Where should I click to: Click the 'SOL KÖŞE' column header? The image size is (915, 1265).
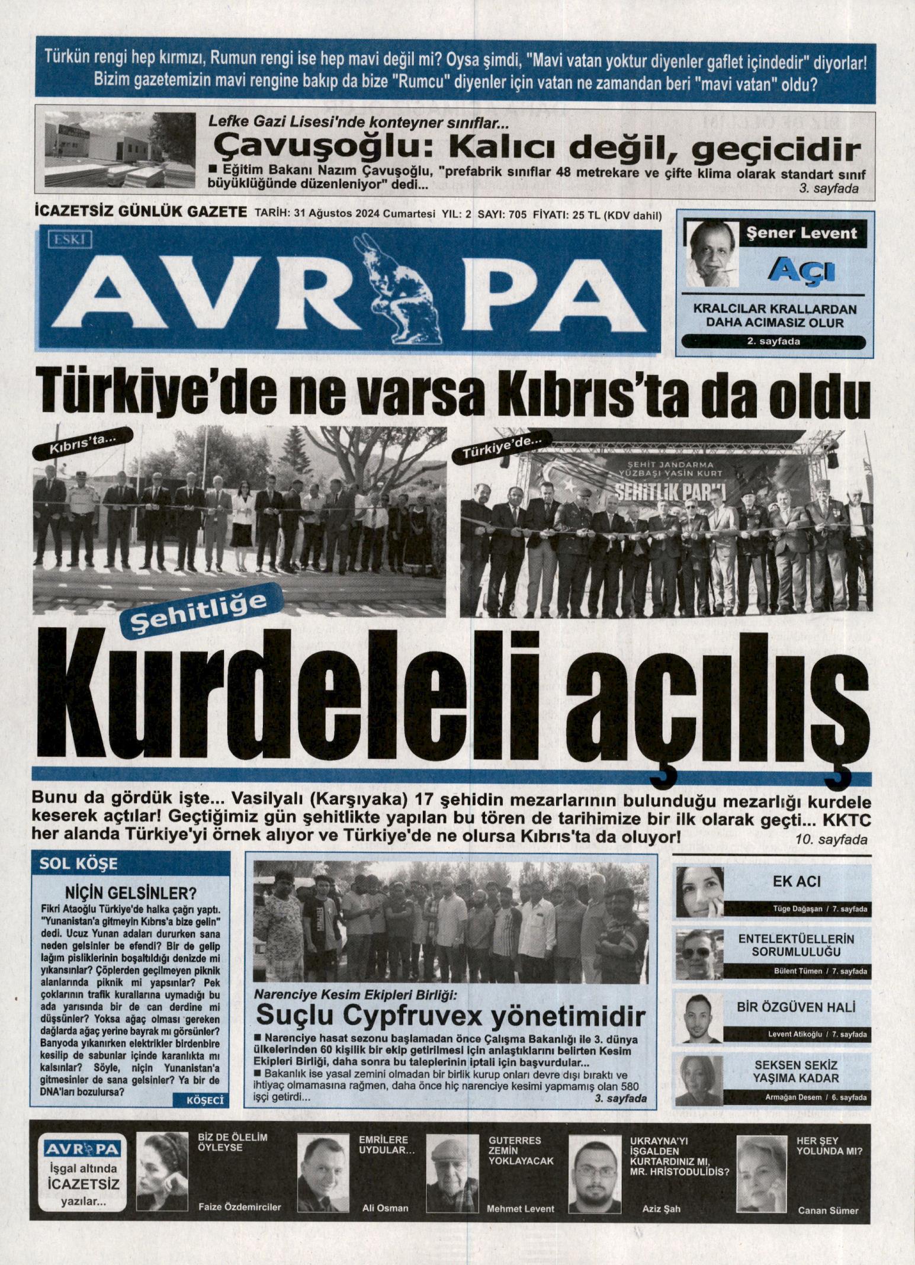pos(79,863)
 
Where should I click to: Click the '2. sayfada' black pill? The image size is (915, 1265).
pos(773,342)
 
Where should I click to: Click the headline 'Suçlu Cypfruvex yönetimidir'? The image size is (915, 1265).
pos(450,1016)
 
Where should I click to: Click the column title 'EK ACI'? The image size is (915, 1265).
pos(797,881)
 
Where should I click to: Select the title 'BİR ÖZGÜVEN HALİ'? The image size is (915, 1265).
pos(797,1007)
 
